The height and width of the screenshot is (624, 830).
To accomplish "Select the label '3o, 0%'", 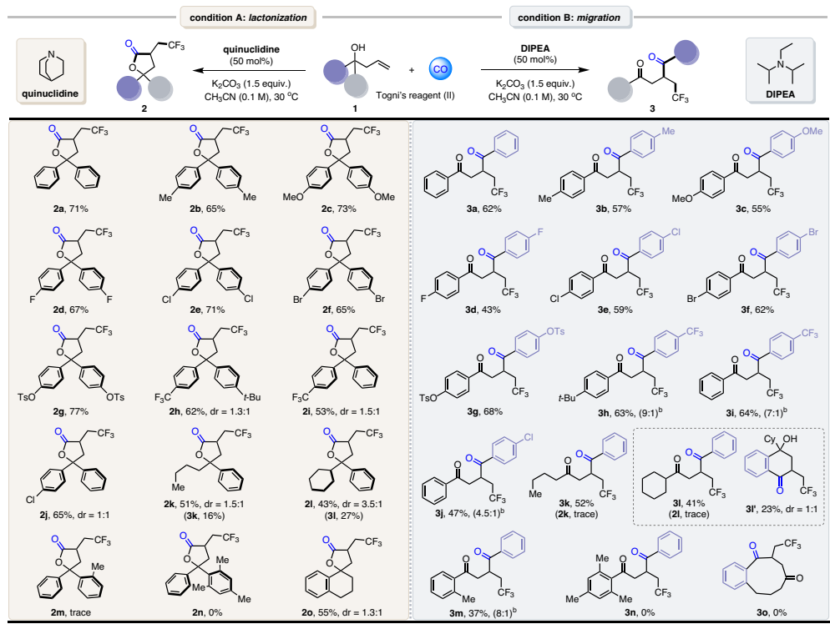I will click(766, 608).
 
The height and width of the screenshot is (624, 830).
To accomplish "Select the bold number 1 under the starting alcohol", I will click(385, 107).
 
